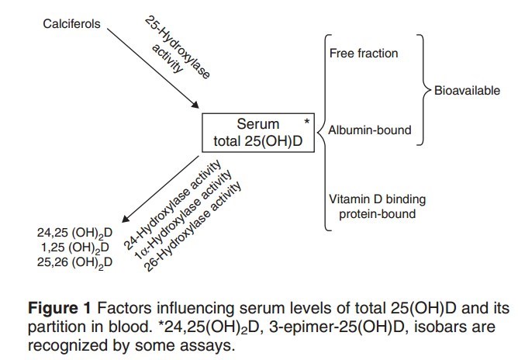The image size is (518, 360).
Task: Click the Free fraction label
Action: pyautogui.click(x=364, y=54)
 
